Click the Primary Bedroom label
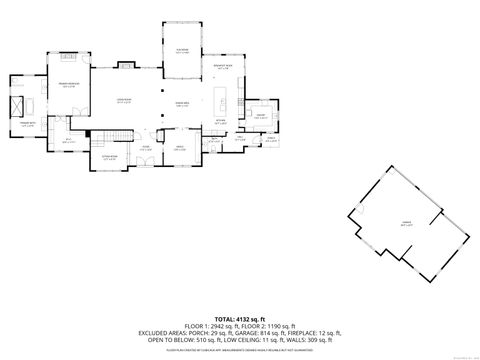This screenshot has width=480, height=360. click(x=69, y=85)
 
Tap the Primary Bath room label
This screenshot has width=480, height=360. click(x=28, y=125)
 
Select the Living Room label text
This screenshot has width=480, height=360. click(x=125, y=101)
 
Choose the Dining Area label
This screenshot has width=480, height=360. click(x=182, y=104)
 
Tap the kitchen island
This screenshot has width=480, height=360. click(x=222, y=101)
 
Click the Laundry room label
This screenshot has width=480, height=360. click(x=260, y=116)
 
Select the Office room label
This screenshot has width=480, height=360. click(x=181, y=149)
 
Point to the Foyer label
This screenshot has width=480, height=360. click(x=146, y=149)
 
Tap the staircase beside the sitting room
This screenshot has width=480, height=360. click(x=118, y=135)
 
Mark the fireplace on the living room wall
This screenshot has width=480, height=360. click(x=127, y=66)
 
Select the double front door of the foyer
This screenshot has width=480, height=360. click(x=147, y=166)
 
